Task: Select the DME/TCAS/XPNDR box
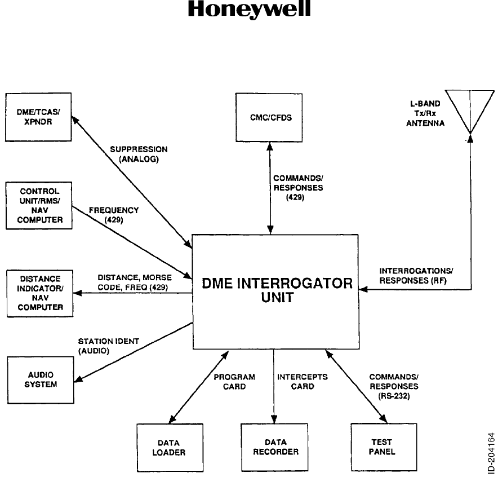pyautogui.click(x=39, y=117)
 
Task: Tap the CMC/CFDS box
pyautogui.click(x=270, y=118)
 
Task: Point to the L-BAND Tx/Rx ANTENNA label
pyautogui.click(x=425, y=113)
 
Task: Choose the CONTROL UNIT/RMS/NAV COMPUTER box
pyautogui.click(x=39, y=205)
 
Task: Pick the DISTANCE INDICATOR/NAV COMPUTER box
pyautogui.click(x=39, y=293)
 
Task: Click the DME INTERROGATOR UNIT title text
pyautogui.click(x=278, y=290)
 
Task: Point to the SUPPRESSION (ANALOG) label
pyautogui.click(x=138, y=154)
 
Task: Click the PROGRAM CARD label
pyautogui.click(x=234, y=382)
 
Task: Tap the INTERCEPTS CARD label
pyautogui.click(x=303, y=382)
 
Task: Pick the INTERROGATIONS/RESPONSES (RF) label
pyautogui.click(x=416, y=275)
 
